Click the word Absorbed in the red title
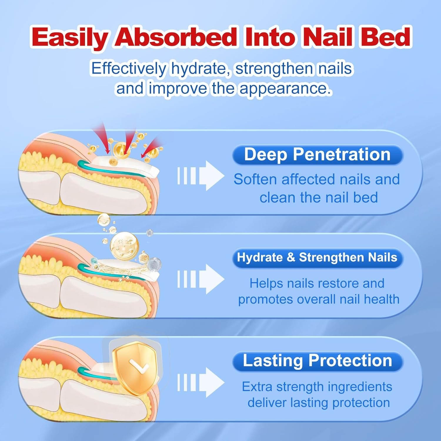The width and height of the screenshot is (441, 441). [176, 37]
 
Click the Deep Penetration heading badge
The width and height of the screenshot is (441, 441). [317, 155]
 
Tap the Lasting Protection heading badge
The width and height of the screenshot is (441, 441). [317, 361]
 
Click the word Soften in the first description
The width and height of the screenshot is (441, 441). [255, 179]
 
